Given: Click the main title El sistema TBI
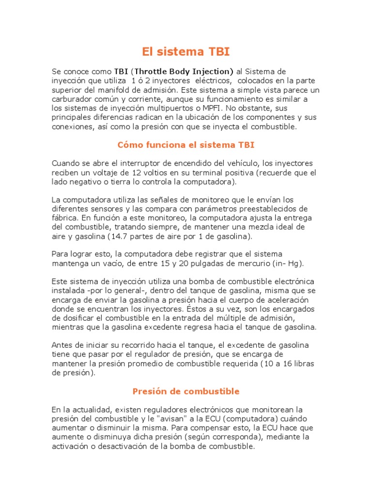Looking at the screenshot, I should (x=186, y=51).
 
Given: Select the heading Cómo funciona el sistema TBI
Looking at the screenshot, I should (x=186, y=145).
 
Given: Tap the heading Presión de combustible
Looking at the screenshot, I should (x=186, y=391).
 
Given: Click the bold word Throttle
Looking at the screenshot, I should (x=155, y=72).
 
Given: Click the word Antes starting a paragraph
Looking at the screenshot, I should (x=63, y=345).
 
